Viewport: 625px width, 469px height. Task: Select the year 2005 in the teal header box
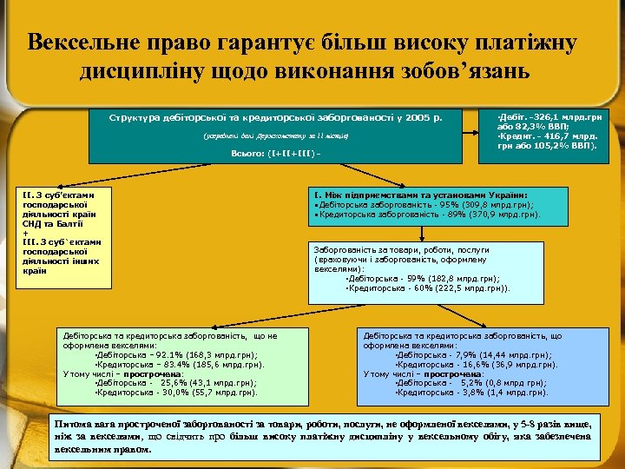point(421,116)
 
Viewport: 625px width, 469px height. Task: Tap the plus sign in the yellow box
point(26,232)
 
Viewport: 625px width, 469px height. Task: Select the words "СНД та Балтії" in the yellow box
point(54,222)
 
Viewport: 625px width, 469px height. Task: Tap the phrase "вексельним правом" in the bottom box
point(96,451)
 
